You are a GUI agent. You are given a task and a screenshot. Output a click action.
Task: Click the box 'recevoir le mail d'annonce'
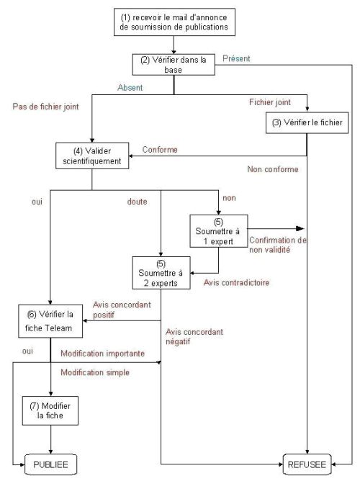(174, 22)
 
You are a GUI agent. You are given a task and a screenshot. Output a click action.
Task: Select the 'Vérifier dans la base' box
(174, 64)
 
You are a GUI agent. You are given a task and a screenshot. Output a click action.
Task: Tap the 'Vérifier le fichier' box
(307, 122)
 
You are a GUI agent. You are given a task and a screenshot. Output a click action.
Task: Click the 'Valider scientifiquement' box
(92, 156)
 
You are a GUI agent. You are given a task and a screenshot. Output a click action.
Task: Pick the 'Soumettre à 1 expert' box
(219, 231)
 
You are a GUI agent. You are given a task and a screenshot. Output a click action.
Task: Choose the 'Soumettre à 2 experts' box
(161, 273)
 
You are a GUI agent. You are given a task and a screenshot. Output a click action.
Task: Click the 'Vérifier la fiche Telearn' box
(50, 321)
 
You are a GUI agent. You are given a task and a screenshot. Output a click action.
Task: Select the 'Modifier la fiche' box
(50, 410)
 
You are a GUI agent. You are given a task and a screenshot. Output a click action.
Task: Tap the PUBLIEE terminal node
(50, 464)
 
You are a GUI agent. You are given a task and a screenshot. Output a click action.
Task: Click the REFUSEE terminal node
(307, 464)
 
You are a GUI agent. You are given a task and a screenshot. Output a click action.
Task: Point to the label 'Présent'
(236, 58)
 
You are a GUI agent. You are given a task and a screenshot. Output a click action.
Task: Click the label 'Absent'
(130, 88)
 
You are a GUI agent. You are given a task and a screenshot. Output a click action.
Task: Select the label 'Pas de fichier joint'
(45, 107)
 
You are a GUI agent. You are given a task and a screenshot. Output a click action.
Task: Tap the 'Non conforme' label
(273, 169)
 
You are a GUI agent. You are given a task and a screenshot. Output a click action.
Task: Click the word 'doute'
(137, 202)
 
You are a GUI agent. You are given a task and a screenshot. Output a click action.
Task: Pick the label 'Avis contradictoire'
(236, 282)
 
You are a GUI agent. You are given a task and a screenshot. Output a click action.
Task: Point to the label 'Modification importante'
(103, 354)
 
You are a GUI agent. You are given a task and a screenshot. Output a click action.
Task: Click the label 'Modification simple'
(95, 372)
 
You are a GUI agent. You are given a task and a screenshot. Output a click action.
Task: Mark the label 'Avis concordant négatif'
(194, 336)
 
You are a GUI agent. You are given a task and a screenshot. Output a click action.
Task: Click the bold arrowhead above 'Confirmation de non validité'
(300, 228)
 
